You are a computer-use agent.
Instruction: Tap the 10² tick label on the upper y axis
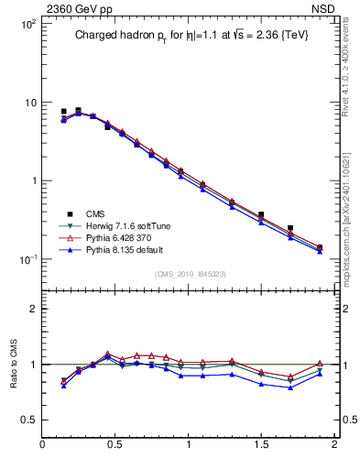point(27,24)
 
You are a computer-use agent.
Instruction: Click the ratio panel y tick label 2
point(33,309)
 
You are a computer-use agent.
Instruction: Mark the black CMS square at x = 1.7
point(290,228)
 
